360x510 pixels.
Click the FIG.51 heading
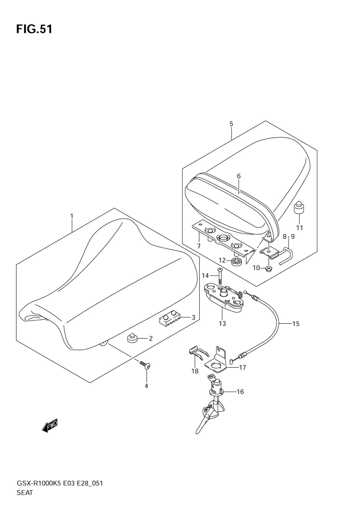pos(34,29)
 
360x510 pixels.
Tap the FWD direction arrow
pos(50,426)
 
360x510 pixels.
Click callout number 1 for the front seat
pos(72,216)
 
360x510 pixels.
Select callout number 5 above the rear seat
pos(231,124)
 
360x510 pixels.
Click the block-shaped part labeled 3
pos(168,318)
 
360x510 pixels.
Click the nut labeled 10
pos(269,269)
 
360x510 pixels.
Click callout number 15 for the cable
pos(296,324)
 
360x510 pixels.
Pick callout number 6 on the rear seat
pos(239,176)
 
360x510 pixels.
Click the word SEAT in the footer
pos(24,493)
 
